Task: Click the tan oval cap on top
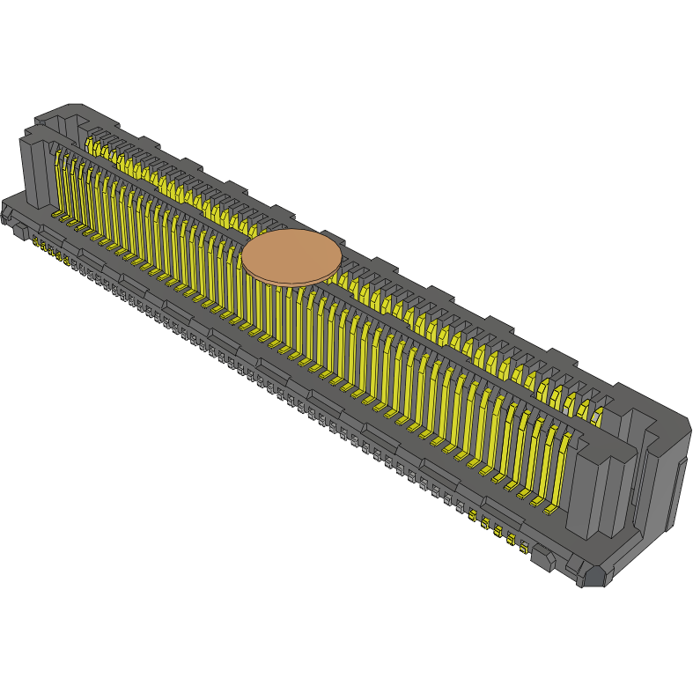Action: coord(291,255)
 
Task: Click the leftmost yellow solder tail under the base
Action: coord(36,241)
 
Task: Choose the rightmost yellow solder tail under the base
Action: coord(523,548)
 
